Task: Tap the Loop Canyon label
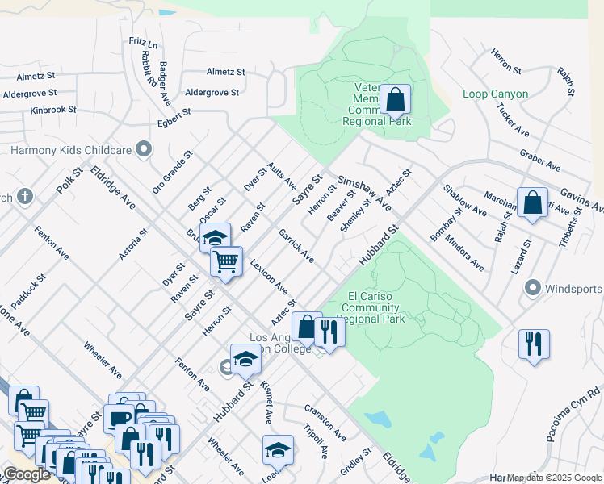pos(496,94)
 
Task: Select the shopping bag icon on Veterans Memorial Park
pos(396,101)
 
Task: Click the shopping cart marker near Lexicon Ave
pos(226,261)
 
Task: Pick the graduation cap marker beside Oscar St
pos(216,237)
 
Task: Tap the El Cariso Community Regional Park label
pos(375,307)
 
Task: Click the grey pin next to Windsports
pos(532,288)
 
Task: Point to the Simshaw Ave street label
pos(364,194)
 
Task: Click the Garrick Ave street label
pos(296,245)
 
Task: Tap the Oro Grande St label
pos(173,172)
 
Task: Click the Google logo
pos(27,474)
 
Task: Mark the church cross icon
pos(25,196)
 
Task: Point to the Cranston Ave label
pos(325,422)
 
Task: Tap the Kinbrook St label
pos(52,109)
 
